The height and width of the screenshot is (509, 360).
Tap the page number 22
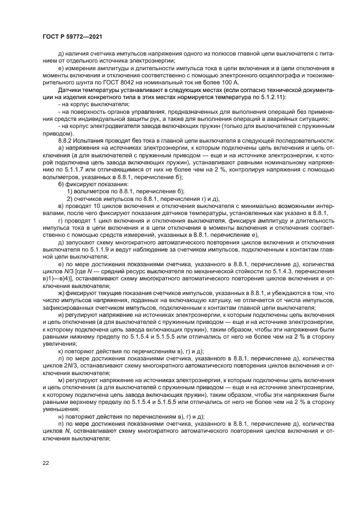(46, 463)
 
